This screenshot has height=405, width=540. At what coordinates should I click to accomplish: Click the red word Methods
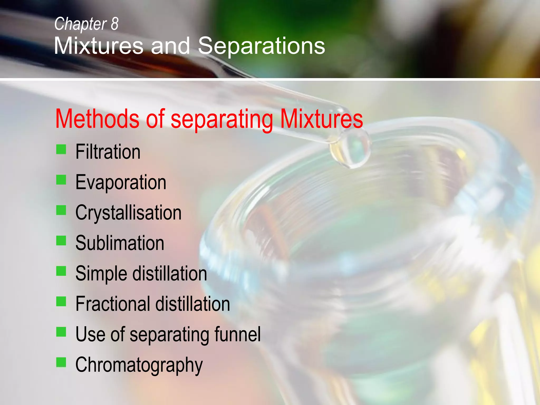(97, 119)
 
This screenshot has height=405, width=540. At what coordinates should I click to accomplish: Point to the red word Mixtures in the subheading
(321, 119)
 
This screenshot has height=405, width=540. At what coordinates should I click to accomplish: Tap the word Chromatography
(139, 365)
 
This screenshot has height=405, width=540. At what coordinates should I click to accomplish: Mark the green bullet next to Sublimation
(61, 240)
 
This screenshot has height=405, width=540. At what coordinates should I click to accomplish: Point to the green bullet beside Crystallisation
(61, 210)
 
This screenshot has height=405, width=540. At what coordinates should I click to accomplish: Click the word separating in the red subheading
(221, 120)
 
